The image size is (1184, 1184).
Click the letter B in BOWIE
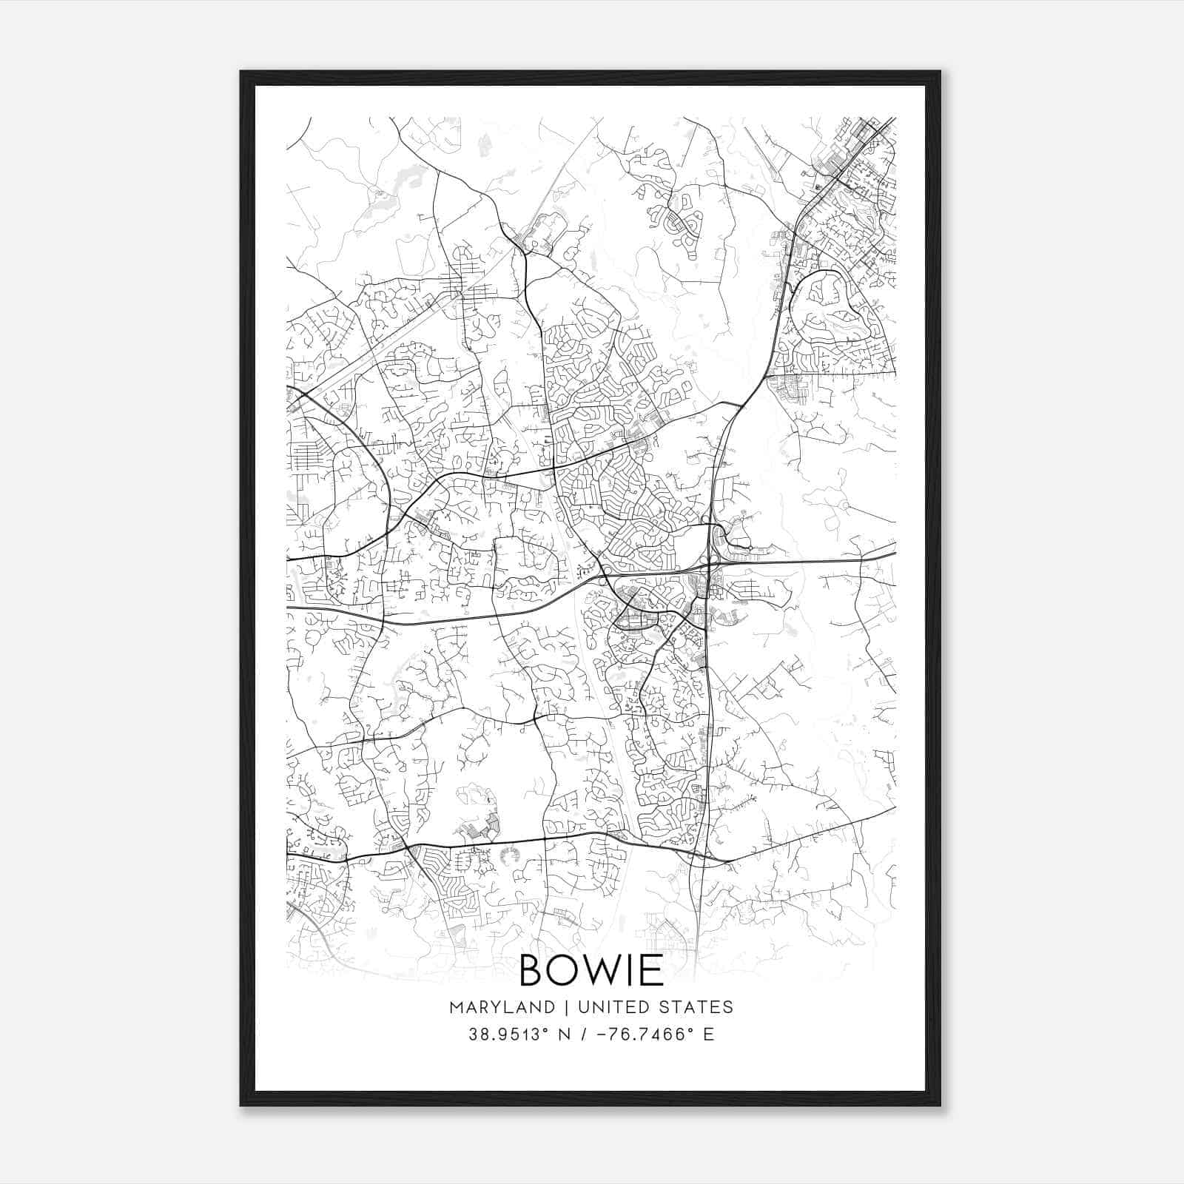point(534,970)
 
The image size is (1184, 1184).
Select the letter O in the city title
point(562,970)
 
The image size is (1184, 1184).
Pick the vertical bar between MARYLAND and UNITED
point(565,1007)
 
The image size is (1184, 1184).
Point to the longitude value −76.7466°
point(649,1035)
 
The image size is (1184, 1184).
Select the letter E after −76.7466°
point(709,1035)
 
